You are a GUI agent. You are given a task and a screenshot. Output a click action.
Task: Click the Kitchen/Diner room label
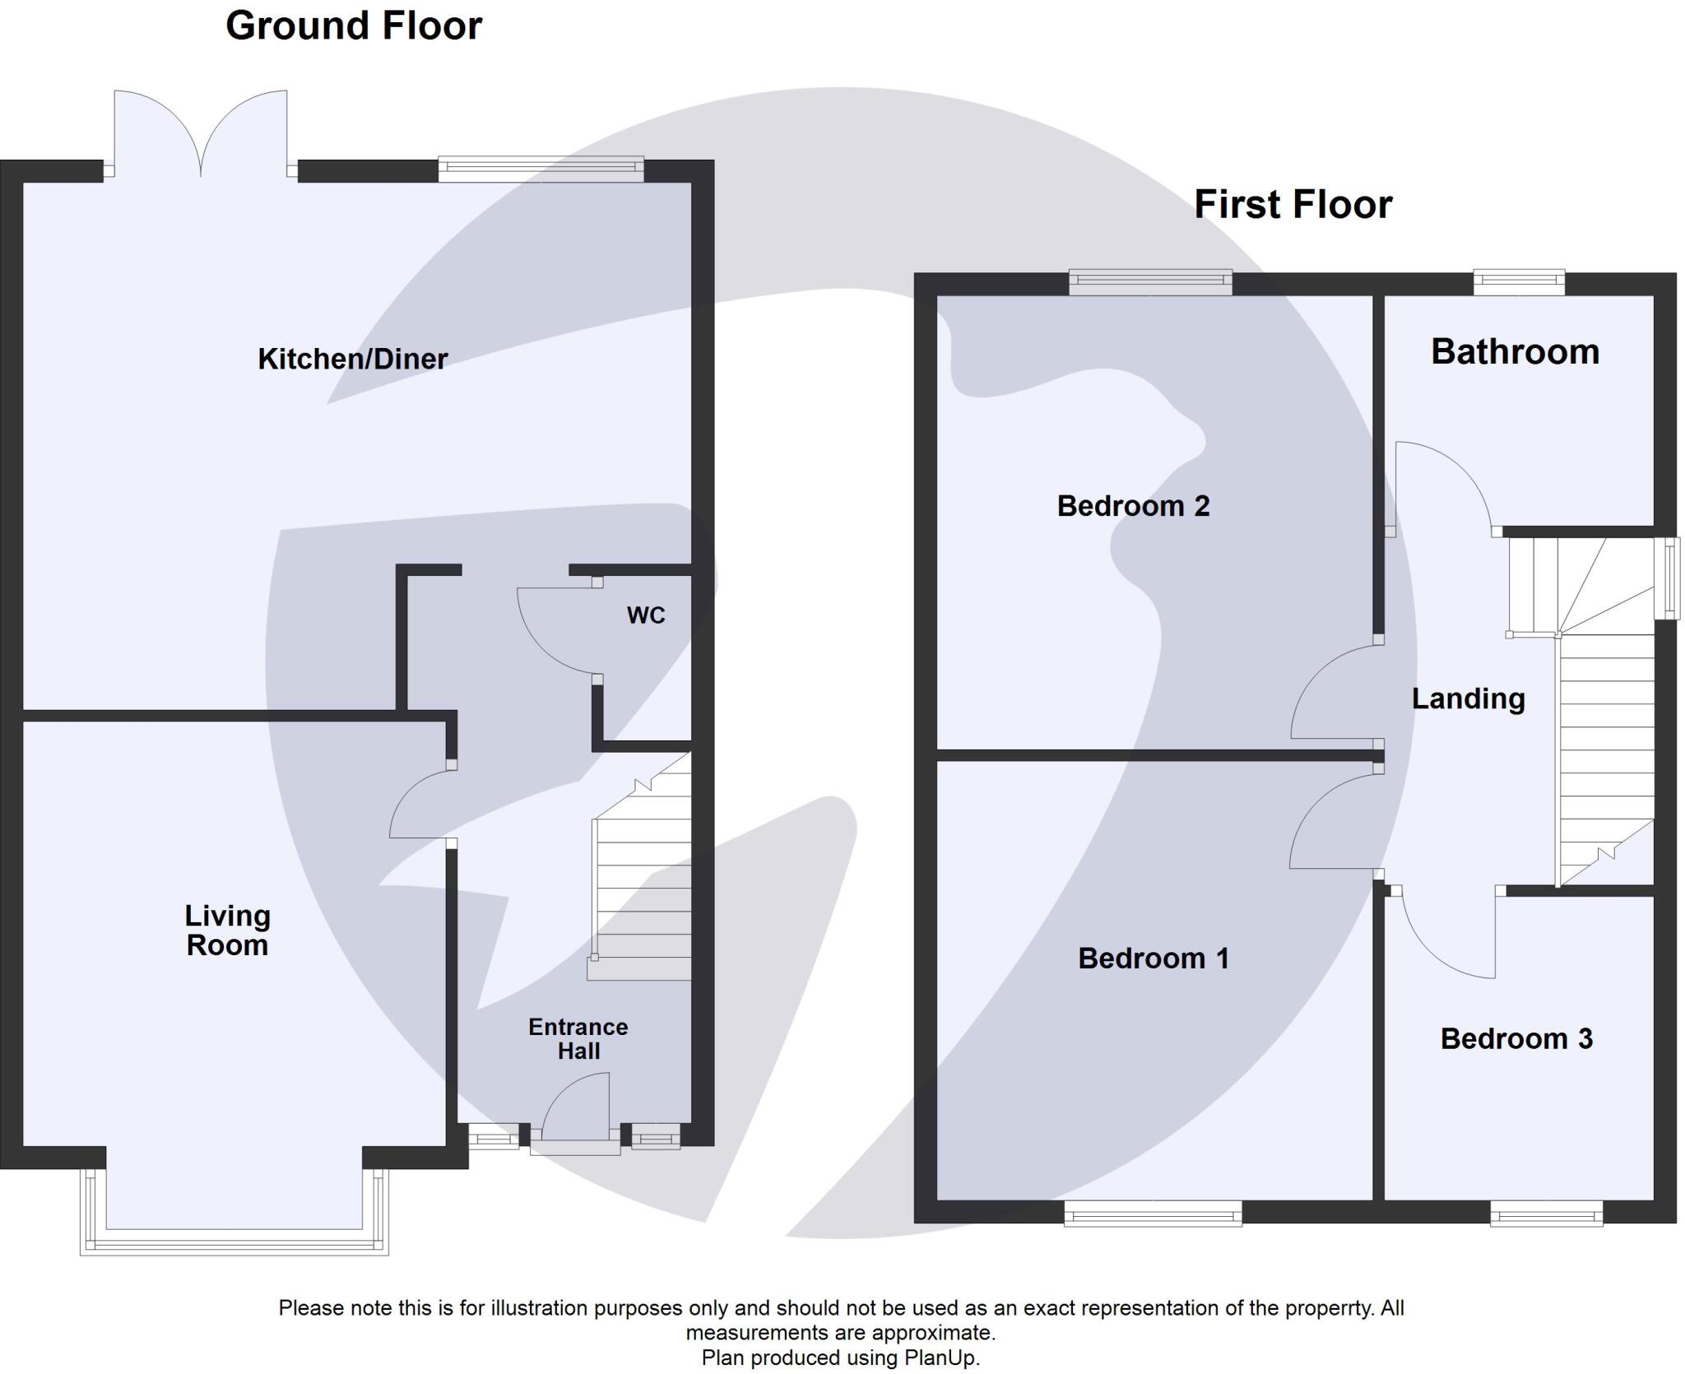[352, 359]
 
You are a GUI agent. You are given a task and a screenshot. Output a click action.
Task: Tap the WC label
[646, 615]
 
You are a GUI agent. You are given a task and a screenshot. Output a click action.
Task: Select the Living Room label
[227, 930]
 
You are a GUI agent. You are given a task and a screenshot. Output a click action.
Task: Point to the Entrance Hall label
[578, 1039]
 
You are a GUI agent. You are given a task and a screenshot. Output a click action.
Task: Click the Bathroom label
[1515, 351]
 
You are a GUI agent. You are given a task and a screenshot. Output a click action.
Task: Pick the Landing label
[1469, 699]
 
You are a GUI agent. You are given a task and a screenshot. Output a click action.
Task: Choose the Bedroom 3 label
[1516, 1038]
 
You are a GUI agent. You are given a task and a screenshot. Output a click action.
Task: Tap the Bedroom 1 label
[1154, 958]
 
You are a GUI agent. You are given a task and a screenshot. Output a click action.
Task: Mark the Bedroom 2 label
[1133, 505]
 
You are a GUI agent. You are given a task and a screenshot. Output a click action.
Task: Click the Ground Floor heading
[354, 26]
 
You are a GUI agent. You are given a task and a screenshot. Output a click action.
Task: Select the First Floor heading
[1293, 204]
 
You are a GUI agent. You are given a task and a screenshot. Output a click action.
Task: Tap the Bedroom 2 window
[1150, 282]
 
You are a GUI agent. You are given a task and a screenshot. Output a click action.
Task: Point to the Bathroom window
[1518, 282]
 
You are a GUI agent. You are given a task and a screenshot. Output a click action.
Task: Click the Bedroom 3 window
[1547, 1213]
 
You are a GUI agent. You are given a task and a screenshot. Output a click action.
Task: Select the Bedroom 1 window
[1153, 1213]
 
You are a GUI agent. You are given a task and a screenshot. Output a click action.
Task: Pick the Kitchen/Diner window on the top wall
[541, 169]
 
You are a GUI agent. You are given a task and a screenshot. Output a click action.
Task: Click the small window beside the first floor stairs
[1667, 578]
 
